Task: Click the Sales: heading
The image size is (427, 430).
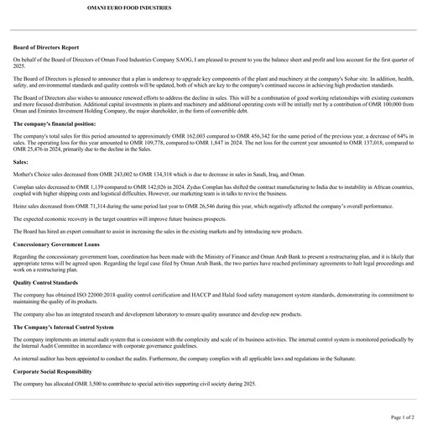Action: pos(21,160)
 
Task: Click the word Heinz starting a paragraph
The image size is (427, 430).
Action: pos(20,205)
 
